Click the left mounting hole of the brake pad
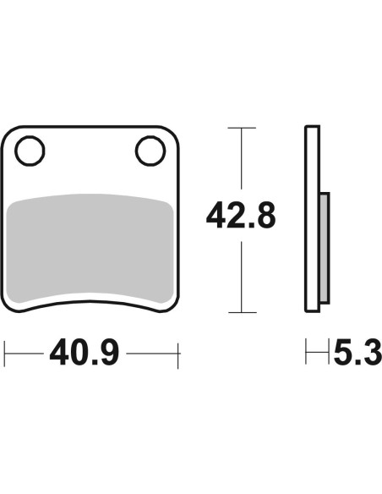point(30,151)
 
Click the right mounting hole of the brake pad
point(150,151)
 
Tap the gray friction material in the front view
point(90,248)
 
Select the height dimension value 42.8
point(241,216)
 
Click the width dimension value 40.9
point(85,352)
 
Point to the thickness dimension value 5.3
point(358,352)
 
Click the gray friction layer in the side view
point(325,248)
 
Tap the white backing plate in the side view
point(312,219)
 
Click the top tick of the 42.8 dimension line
point(242,128)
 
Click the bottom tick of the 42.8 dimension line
point(243,312)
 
